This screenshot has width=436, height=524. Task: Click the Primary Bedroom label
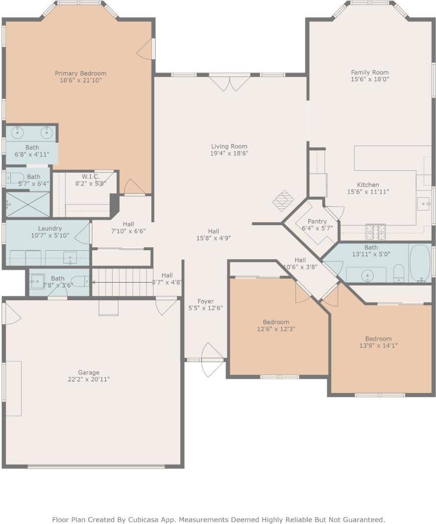(x=80, y=73)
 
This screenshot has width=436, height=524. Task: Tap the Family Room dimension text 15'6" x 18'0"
(x=370, y=79)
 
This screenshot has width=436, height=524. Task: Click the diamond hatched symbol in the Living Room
(x=283, y=200)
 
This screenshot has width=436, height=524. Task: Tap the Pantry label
(x=317, y=221)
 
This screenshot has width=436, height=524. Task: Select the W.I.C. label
(x=90, y=176)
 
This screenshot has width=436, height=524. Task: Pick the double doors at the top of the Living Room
(x=230, y=82)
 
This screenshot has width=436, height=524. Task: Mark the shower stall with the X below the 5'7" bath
(x=28, y=204)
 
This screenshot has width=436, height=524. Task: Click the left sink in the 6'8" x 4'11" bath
(x=18, y=132)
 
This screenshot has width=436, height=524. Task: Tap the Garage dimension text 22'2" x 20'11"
(x=88, y=379)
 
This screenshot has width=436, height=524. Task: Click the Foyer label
(x=205, y=301)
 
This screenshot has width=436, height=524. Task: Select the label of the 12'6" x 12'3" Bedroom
(x=276, y=322)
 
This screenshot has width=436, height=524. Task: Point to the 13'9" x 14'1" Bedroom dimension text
(x=378, y=345)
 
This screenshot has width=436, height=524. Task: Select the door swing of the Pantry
(x=335, y=212)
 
